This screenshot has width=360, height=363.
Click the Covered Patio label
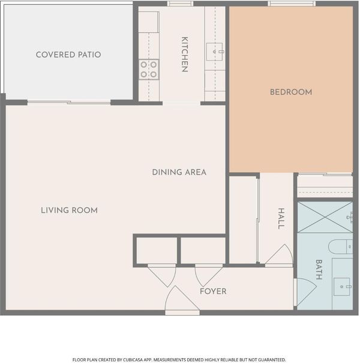68,55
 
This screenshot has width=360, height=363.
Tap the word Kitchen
185,55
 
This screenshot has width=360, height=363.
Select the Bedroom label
291,92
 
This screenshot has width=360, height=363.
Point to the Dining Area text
179,172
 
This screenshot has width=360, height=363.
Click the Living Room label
69,210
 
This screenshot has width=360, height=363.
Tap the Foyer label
213,291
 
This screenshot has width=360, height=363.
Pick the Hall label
281,218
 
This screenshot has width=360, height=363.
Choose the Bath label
319,269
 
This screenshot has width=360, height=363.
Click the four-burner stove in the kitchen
149,70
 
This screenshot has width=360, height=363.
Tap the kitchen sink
215,52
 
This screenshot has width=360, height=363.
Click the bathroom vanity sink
342,287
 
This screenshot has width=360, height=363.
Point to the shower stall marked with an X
325,217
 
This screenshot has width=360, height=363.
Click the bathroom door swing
305,292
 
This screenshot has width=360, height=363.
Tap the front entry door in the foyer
182,301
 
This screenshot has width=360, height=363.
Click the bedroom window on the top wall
292,4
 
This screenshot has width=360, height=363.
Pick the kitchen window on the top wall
181,4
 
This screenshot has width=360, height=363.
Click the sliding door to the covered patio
69,102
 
